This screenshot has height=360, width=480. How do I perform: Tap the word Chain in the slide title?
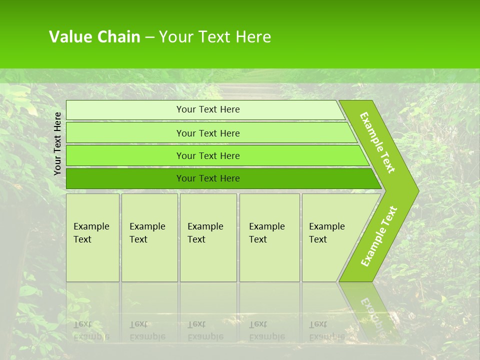[x=119, y=37]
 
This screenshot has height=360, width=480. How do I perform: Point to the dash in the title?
[x=149, y=37]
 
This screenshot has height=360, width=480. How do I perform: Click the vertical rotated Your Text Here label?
[x=57, y=143]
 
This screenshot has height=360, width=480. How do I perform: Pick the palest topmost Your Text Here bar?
[x=208, y=109]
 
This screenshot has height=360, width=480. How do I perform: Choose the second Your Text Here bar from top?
[x=208, y=133]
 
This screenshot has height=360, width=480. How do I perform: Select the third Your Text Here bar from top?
[x=208, y=155]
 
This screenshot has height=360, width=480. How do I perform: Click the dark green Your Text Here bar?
[x=208, y=178]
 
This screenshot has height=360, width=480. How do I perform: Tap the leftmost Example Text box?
[x=92, y=237]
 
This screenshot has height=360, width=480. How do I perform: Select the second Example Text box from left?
[x=149, y=237]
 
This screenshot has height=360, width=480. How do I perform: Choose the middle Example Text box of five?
[x=208, y=237]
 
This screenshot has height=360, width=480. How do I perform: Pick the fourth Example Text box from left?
[x=269, y=237]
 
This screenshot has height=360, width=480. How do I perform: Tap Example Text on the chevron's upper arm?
[x=377, y=142]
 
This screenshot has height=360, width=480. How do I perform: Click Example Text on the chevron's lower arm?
[x=379, y=236]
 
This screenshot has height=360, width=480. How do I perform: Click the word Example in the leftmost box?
[x=91, y=226]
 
